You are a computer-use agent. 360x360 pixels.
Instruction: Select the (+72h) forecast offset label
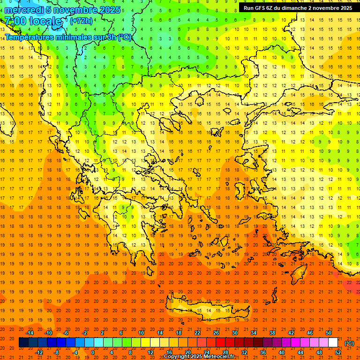(x=81, y=21)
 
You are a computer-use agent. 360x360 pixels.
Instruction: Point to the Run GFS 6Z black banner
(x=298, y=8)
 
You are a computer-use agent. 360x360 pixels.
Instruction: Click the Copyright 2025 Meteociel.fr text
(x=199, y=357)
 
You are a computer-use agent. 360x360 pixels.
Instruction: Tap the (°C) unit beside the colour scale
(x=349, y=343)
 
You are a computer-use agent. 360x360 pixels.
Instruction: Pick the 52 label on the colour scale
(x=338, y=352)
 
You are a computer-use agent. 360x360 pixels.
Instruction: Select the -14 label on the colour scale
(x=30, y=333)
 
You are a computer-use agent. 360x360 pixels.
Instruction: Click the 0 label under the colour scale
(x=93, y=352)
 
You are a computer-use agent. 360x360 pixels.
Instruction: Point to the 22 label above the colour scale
(x=197, y=333)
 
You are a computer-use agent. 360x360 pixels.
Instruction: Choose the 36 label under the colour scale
(x=263, y=352)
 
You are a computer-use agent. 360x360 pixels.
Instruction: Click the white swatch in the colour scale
(x=333, y=343)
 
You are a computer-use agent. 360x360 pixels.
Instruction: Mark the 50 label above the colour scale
(x=329, y=333)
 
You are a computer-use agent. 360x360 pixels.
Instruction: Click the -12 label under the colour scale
(x=39, y=352)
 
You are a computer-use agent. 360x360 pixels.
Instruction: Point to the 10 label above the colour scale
(x=141, y=333)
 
